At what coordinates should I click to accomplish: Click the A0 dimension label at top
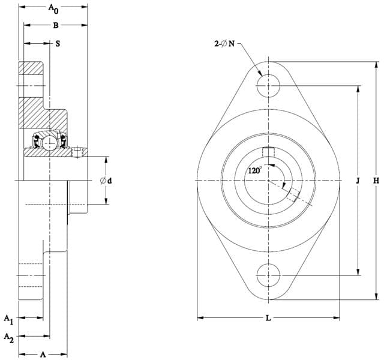click(x=53, y=9)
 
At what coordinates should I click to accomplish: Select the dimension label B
click(x=56, y=25)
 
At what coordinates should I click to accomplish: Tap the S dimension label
click(x=58, y=44)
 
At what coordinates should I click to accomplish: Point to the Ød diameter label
click(x=106, y=181)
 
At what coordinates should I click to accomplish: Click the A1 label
click(x=8, y=320)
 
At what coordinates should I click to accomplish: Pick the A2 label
click(x=9, y=338)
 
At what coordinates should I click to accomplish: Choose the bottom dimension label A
click(x=43, y=355)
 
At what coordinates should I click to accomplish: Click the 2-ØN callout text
click(x=224, y=44)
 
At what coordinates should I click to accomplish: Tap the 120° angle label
click(x=255, y=170)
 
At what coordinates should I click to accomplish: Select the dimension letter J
click(x=358, y=181)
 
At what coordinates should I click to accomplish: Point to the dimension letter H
click(x=376, y=181)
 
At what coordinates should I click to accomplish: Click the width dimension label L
click(x=268, y=318)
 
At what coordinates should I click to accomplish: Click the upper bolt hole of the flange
click(x=268, y=86)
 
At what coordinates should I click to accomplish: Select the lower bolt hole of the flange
click(x=268, y=275)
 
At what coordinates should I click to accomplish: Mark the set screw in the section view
click(x=77, y=152)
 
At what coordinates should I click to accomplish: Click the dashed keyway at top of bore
click(x=268, y=152)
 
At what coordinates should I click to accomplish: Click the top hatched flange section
click(x=31, y=68)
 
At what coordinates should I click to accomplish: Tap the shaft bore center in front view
click(x=268, y=181)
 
